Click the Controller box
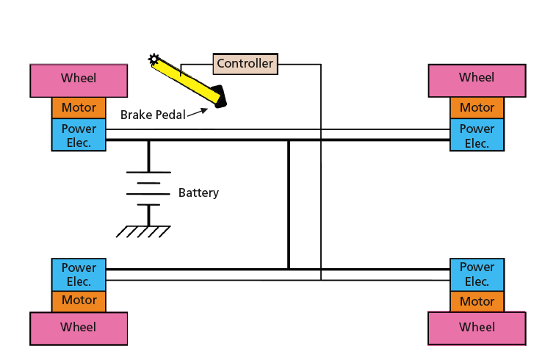point(245,64)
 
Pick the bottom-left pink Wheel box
point(79,328)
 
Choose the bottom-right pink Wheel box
point(477,328)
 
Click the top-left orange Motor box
point(79,108)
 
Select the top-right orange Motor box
point(477,108)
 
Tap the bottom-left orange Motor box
point(79,300)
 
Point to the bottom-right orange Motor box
point(477,301)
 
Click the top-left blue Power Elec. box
point(79,135)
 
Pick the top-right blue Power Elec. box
point(477,135)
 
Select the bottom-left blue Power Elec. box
point(79,274)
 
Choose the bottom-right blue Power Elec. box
point(477,274)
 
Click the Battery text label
point(198,193)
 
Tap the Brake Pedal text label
point(152,115)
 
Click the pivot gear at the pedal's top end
point(154,59)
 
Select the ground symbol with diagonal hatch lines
point(144,231)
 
